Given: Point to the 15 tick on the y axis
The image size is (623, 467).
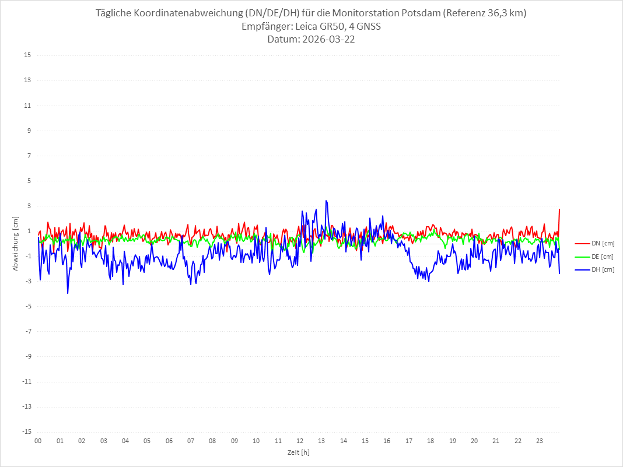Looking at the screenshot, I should click(27, 55).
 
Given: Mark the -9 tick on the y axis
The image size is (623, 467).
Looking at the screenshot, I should click(27, 356).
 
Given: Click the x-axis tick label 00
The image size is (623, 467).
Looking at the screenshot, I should click(38, 441).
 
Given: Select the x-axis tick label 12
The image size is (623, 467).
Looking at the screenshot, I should click(300, 441).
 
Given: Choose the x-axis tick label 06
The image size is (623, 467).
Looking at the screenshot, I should click(169, 441).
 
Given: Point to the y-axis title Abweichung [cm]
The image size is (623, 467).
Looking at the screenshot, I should click(16, 244).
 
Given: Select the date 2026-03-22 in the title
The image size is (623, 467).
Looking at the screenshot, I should click(327, 40).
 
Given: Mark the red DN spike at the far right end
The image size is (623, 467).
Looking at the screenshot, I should click(559, 209).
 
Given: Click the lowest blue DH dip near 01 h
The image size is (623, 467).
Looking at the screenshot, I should click(68, 293).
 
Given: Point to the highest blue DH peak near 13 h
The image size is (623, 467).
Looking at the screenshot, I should click(326, 201).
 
